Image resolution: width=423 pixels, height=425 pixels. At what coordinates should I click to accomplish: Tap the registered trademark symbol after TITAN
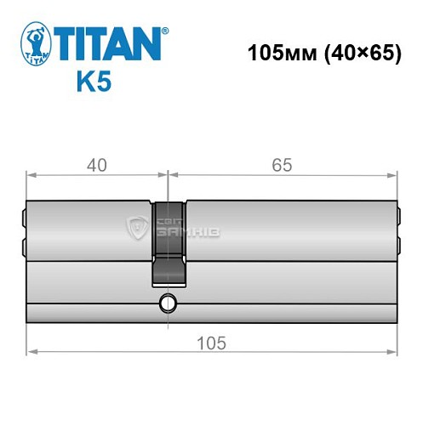[x=165, y=31]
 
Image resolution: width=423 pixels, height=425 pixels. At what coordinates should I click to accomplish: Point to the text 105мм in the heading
[x=277, y=53]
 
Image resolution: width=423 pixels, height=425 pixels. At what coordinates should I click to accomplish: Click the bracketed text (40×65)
[x=357, y=53]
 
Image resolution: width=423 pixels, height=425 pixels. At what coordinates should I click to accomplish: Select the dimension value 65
[x=283, y=165]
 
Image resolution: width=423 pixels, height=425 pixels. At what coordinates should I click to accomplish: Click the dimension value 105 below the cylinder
[x=211, y=343]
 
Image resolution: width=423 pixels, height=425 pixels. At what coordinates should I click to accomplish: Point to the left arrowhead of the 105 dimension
[x=31, y=349]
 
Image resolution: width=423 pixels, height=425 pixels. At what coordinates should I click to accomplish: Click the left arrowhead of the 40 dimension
[x=31, y=176]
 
